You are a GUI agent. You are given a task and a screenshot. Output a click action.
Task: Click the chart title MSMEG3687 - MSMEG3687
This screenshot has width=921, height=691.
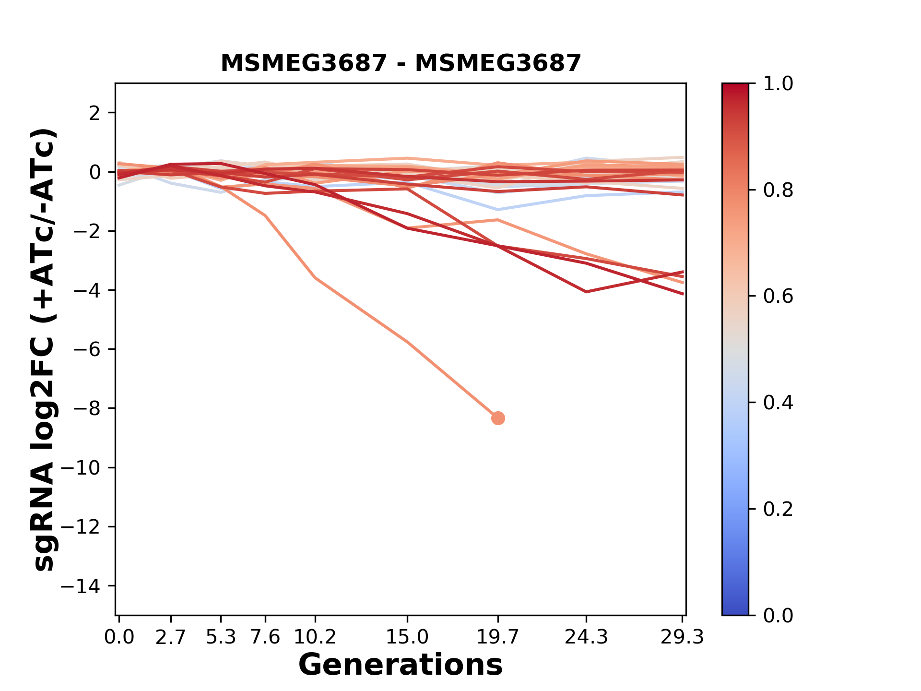pos(401,63)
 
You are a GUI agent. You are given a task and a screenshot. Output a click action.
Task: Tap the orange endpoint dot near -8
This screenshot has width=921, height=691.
pos(498,418)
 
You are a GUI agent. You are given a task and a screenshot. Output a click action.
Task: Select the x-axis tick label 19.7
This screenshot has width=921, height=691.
pos(497,637)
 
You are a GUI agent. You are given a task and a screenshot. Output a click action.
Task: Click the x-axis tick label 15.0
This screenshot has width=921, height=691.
pos(407,637)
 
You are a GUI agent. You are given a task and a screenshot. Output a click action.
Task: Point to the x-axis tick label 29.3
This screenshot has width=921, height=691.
pos(682,637)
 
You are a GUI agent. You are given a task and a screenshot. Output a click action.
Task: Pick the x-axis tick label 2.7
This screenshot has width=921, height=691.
pos(171,637)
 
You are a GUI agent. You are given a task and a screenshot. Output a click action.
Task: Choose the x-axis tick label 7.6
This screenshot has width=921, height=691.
pos(265,637)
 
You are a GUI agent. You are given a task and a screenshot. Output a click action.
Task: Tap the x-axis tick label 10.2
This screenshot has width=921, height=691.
pos(315,637)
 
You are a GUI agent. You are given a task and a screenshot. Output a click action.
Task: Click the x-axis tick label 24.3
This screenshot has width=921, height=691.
pos(586,637)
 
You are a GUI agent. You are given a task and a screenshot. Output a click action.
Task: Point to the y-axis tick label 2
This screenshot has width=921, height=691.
pos(95,113)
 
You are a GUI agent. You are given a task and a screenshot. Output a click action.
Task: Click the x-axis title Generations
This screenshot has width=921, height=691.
pos(401,665)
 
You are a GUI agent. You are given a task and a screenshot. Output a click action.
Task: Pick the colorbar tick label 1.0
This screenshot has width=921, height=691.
pos(778,84)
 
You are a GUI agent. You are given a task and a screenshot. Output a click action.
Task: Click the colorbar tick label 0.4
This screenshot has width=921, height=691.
pos(778,403)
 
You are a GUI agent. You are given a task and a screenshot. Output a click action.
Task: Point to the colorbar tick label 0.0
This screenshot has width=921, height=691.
pos(778,615)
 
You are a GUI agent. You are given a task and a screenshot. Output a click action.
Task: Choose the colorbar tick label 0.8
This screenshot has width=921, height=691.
pos(778,191)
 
